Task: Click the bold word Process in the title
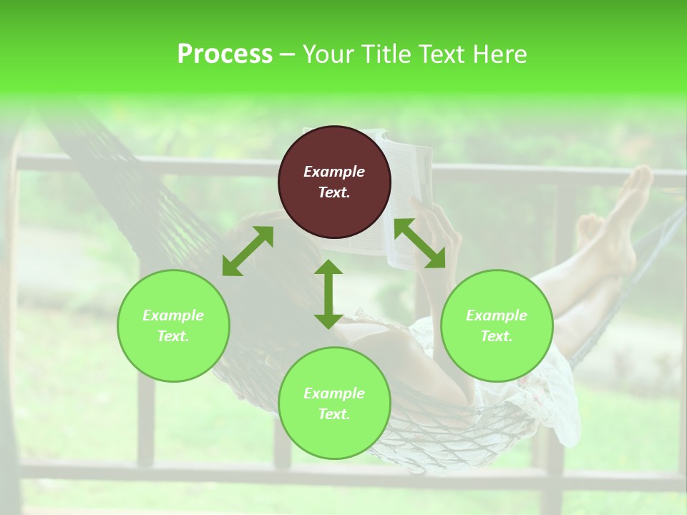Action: coord(225,54)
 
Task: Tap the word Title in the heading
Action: coord(386,54)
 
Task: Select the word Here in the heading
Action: coord(500,54)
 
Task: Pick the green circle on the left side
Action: coord(173,325)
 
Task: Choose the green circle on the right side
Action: coord(497,325)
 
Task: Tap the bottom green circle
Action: coord(334,403)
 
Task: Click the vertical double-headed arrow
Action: coord(328,294)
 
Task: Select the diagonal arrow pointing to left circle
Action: coord(248,251)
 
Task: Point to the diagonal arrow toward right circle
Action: coord(420,243)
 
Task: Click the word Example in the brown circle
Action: coord(334,172)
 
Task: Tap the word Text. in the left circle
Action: coord(173,336)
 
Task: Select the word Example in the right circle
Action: coord(497,315)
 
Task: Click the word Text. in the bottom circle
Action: coord(334,414)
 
